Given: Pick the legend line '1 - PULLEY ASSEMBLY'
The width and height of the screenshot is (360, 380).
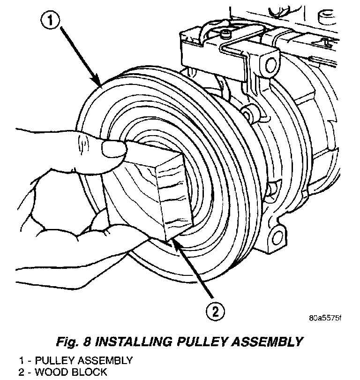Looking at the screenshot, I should click(75, 361).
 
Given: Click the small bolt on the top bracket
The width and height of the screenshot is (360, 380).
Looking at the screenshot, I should click(227, 34).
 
